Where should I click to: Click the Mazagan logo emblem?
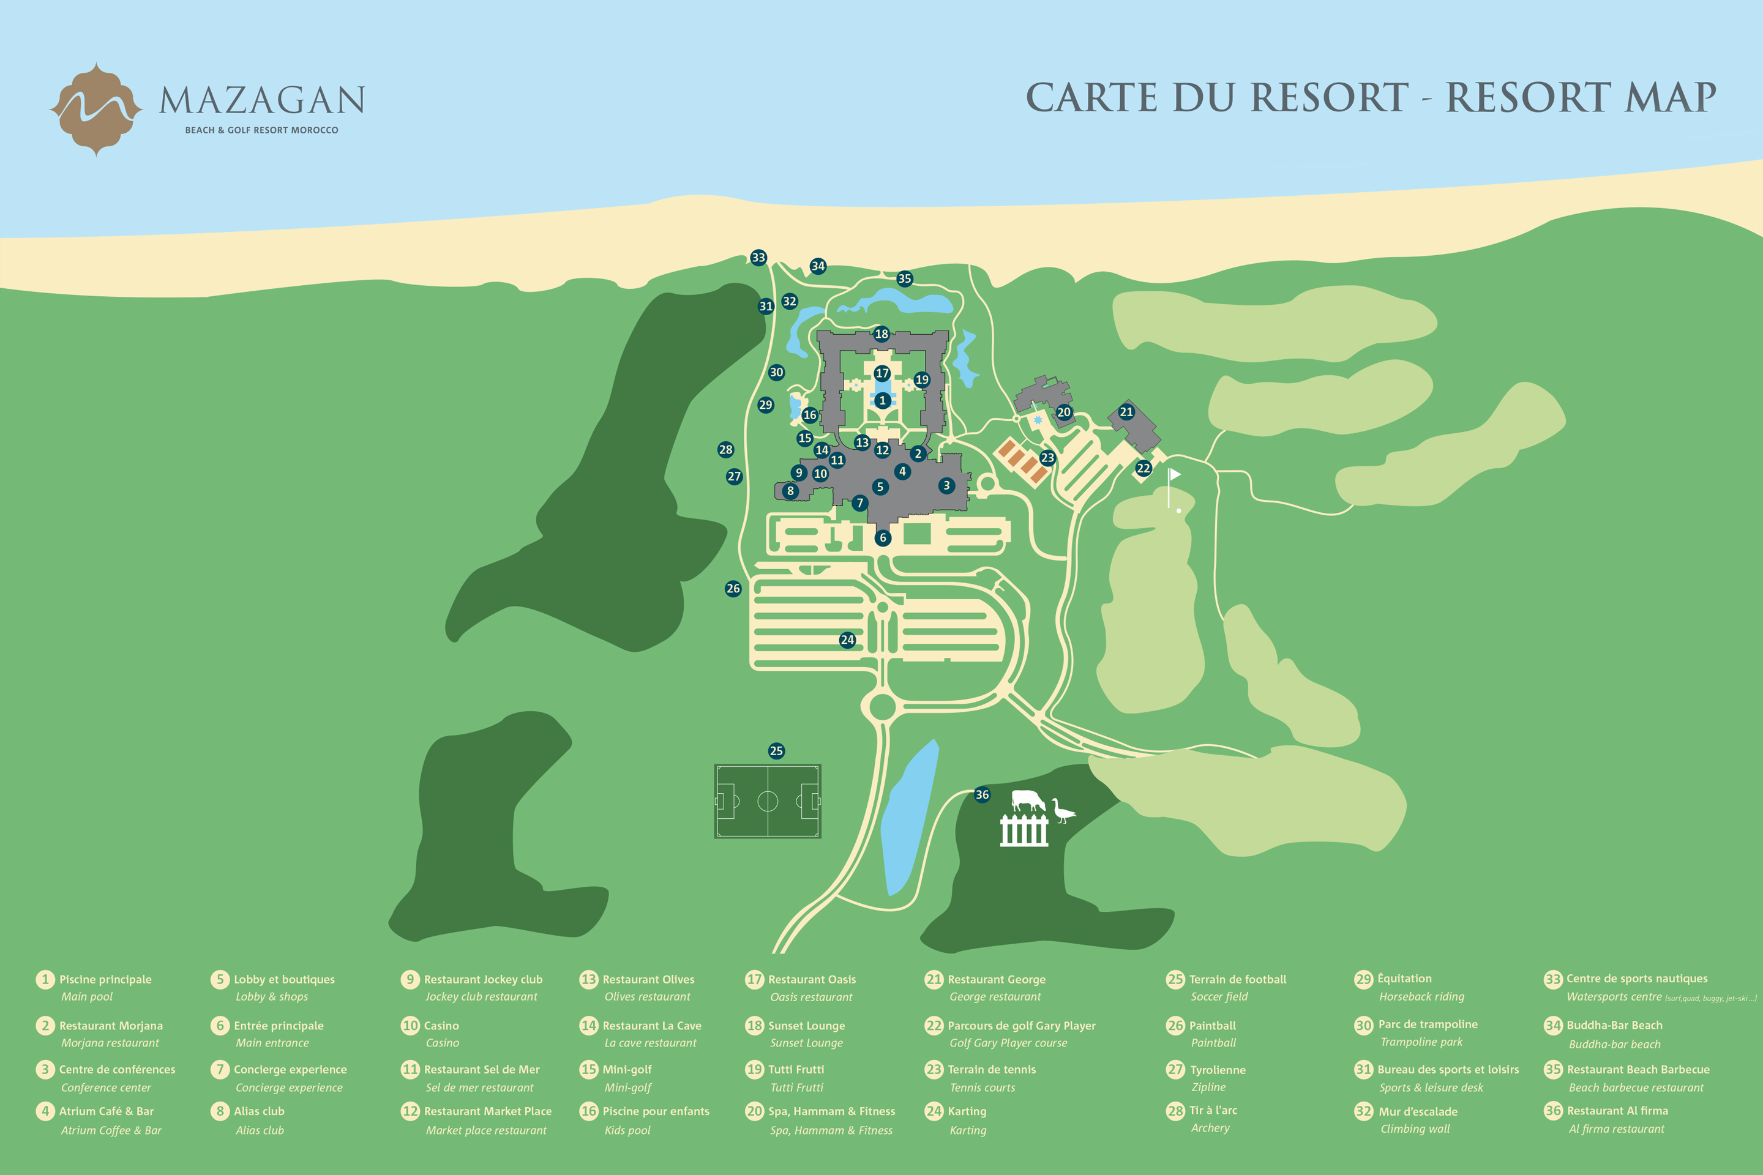click(96, 110)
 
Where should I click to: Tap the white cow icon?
click(1028, 800)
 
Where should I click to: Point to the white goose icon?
click(1062, 811)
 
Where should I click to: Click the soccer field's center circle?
click(768, 801)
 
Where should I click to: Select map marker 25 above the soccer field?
click(777, 751)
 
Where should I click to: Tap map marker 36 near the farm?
click(982, 794)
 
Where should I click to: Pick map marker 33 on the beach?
click(758, 258)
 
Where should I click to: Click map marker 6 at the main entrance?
click(883, 537)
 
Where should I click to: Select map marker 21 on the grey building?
click(1126, 411)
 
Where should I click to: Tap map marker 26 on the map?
click(733, 588)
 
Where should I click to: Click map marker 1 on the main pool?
click(882, 400)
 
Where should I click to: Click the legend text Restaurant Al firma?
click(1617, 1111)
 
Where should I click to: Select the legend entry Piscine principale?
click(105, 979)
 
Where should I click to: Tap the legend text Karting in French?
click(967, 1111)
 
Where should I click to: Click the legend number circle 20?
click(754, 1111)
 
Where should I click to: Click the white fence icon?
click(1024, 830)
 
